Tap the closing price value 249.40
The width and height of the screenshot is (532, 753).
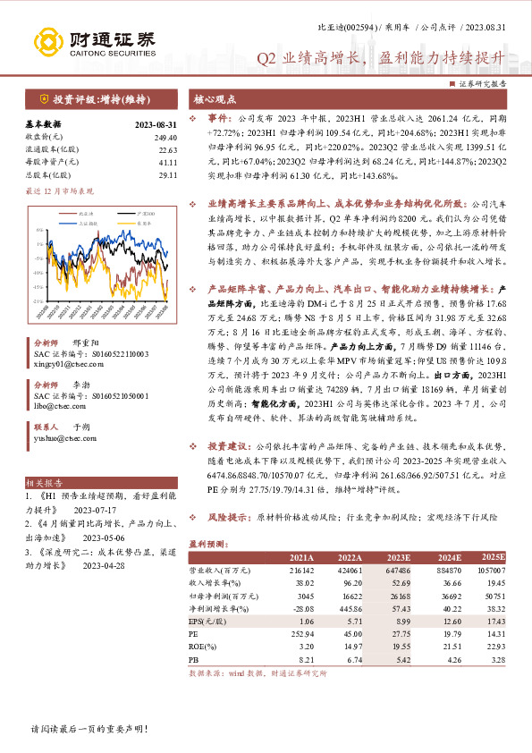point(165,137)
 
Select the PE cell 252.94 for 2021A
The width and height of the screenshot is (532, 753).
point(300,632)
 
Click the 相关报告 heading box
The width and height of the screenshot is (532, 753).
point(44,481)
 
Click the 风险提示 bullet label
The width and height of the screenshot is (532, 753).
point(227,518)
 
